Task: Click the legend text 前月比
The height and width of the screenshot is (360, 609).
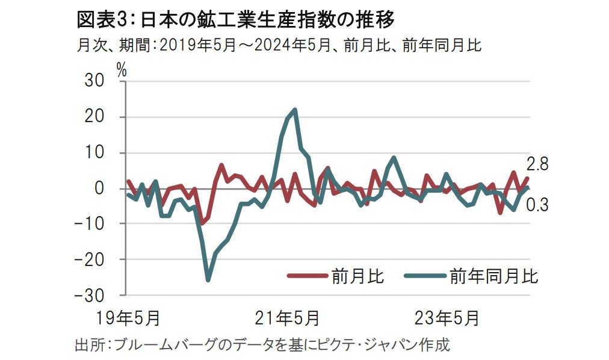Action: [x=357, y=276]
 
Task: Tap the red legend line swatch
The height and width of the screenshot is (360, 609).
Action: [x=306, y=276]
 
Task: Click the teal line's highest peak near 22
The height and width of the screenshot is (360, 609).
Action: [x=294, y=110]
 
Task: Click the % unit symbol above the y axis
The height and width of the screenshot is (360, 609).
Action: [x=122, y=69]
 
